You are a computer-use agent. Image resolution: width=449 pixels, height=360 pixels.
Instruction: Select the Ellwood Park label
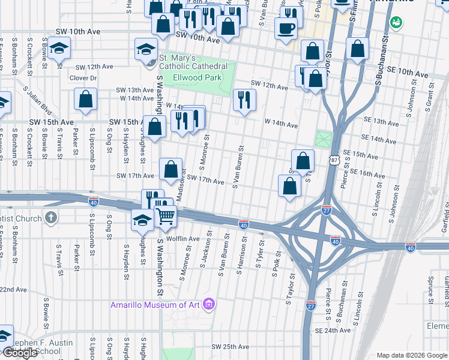point(197,77)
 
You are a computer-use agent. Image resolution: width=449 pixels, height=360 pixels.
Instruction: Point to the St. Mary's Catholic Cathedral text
point(193,62)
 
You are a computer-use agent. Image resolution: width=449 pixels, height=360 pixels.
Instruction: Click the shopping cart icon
point(166,216)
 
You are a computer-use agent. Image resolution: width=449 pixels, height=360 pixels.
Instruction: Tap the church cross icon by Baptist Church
point(52,217)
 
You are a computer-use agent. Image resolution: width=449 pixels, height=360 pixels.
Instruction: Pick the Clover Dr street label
point(83,78)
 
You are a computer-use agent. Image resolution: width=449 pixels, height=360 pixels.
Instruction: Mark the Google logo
point(20,353)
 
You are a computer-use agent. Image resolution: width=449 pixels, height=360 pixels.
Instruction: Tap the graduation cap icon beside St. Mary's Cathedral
point(146,50)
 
